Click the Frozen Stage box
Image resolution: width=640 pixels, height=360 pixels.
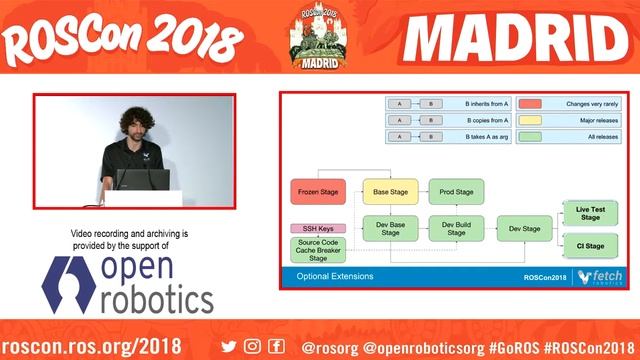tap(316, 190)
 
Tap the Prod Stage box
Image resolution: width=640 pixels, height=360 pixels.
tap(456, 190)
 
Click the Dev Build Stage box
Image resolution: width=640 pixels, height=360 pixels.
tap(456, 228)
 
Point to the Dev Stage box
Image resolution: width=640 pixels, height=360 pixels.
tap(525, 228)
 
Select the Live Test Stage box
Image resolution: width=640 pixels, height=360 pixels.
tap(590, 212)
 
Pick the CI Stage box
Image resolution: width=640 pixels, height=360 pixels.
tap(590, 244)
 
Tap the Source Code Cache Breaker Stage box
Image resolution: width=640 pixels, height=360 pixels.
tap(316, 250)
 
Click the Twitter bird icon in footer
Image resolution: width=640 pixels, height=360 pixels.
tap(229, 346)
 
